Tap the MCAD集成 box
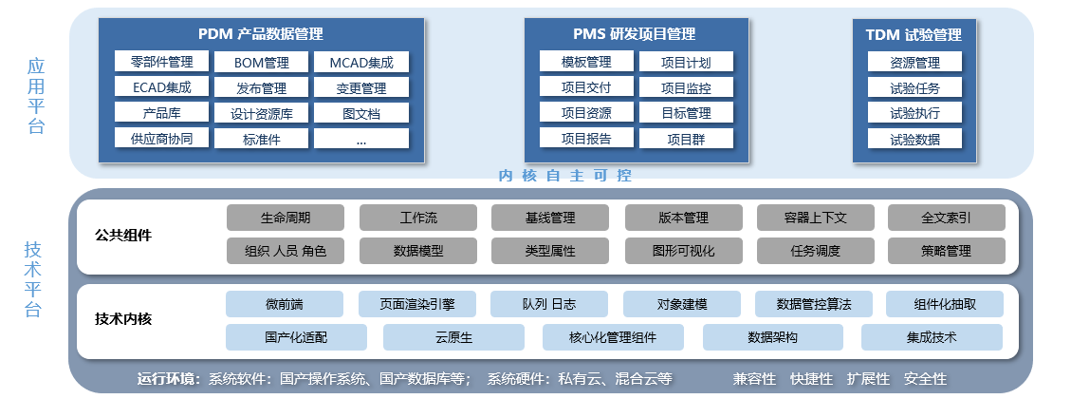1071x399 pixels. [x=361, y=63]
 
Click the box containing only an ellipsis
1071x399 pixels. [x=361, y=139]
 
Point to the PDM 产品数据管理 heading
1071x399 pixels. [x=261, y=34]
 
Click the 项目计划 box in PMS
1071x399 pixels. [x=687, y=63]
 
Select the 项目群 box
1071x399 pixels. [x=687, y=139]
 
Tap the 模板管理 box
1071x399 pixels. [x=585, y=63]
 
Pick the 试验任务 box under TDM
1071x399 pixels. [x=914, y=88]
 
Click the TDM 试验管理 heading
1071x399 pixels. [x=914, y=35]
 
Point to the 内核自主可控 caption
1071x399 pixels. [x=565, y=176]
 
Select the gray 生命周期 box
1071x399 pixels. [x=286, y=218]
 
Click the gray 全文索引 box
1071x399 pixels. [x=946, y=218]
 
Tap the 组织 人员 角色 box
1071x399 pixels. [x=286, y=251]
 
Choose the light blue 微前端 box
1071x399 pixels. [x=285, y=304]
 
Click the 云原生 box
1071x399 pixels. [x=453, y=337]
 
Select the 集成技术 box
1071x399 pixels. [x=932, y=337]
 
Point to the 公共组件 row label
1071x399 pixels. [x=123, y=235]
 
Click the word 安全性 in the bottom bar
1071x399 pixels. [x=926, y=378]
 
